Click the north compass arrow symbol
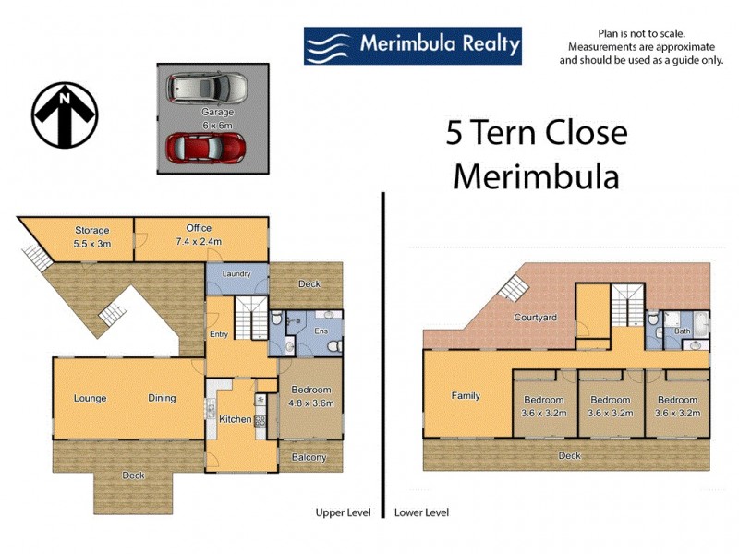pyautogui.click(x=65, y=115)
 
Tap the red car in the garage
pyautogui.click(x=205, y=148)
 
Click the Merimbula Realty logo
pyautogui.click(x=412, y=45)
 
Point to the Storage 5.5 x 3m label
pyautogui.click(x=92, y=236)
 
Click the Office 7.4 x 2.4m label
pyautogui.click(x=199, y=235)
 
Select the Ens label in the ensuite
pyautogui.click(x=321, y=330)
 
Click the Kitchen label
pyautogui.click(x=235, y=419)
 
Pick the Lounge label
pyautogui.click(x=91, y=399)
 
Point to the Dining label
pyautogui.click(x=163, y=399)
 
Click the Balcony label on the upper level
pyautogui.click(x=309, y=458)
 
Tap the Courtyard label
pyautogui.click(x=536, y=318)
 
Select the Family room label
pyautogui.click(x=466, y=396)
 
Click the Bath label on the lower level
pyautogui.click(x=683, y=331)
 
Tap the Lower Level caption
pyautogui.click(x=421, y=512)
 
